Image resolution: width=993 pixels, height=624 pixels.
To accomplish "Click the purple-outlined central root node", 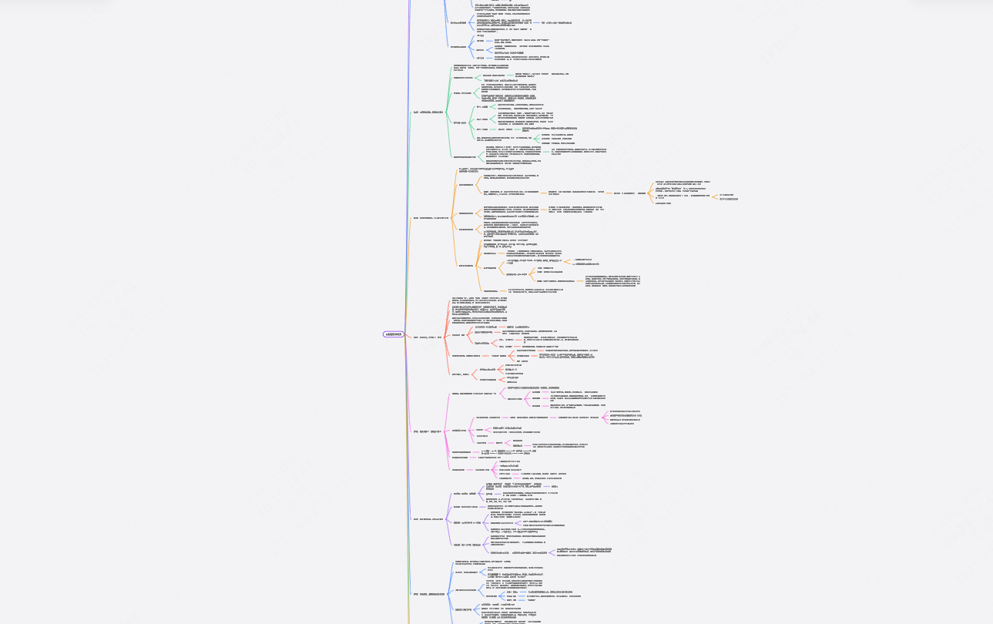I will (x=393, y=334).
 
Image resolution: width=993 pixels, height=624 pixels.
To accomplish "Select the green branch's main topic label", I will (x=428, y=112).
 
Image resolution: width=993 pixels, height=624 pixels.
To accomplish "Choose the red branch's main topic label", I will (x=425, y=337).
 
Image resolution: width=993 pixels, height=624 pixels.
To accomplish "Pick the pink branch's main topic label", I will (x=426, y=431).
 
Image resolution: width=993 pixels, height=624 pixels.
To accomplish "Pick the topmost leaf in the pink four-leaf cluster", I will (x=624, y=411).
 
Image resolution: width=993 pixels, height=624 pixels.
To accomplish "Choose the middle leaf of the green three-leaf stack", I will (x=562, y=139).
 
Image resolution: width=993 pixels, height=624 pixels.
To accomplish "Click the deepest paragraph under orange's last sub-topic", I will (x=612, y=280).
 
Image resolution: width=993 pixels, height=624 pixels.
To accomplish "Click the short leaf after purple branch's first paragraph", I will (x=554, y=487).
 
